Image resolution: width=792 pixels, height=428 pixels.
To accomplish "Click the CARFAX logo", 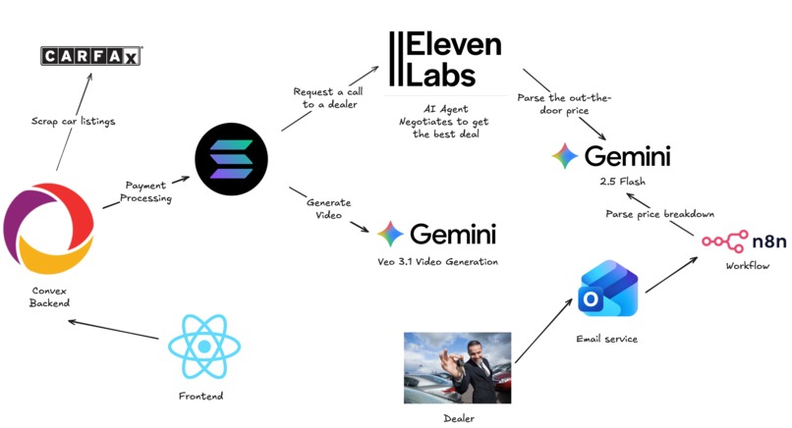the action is (x=91, y=56).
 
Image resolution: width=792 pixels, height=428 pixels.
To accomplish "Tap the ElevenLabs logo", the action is (x=445, y=59).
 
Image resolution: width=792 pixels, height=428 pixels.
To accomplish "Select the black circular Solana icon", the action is (x=231, y=159).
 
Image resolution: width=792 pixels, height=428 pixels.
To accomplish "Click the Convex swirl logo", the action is (x=48, y=228).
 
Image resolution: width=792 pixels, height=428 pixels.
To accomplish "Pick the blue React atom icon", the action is (x=204, y=347).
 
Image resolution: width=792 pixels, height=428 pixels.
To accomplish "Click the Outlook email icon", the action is (x=607, y=289).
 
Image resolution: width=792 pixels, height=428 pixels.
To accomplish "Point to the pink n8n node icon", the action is (x=725, y=241).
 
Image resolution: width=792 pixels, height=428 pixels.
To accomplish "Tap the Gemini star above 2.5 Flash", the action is (x=565, y=155).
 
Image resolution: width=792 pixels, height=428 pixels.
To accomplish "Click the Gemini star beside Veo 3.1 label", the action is (x=390, y=234).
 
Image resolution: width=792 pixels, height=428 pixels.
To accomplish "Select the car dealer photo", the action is (x=457, y=367).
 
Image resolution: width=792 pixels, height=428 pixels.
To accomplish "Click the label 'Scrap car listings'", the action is (x=74, y=121).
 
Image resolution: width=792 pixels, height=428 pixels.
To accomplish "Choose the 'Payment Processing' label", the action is (x=146, y=191).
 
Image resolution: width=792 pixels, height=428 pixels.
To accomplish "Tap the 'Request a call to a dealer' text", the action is (x=329, y=98).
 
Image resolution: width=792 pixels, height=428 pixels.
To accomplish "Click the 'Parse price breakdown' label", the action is (x=659, y=214).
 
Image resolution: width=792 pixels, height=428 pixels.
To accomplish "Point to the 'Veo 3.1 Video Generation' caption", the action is (x=438, y=261).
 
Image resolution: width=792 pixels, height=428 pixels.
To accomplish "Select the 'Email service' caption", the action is (x=606, y=339).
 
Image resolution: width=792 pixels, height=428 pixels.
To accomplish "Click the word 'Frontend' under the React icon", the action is (x=201, y=397).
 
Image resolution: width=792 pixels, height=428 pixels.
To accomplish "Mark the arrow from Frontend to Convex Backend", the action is (x=113, y=330).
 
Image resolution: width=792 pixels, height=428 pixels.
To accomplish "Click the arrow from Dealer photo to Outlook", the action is (x=543, y=331).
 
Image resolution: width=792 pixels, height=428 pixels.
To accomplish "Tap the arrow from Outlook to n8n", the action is (x=672, y=275).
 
